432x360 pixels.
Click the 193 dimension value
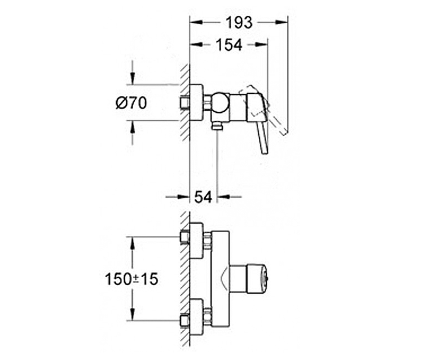pos(239,23)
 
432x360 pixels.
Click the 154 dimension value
pos(229,45)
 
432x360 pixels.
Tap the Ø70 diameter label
pos(131,103)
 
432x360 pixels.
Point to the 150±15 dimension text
pos(132,279)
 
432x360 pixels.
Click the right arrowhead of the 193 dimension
pos(282,22)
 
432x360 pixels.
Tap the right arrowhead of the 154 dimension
pos(261,45)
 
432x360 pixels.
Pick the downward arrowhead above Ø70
pos(132,78)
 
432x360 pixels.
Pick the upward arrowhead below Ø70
pos(132,126)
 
